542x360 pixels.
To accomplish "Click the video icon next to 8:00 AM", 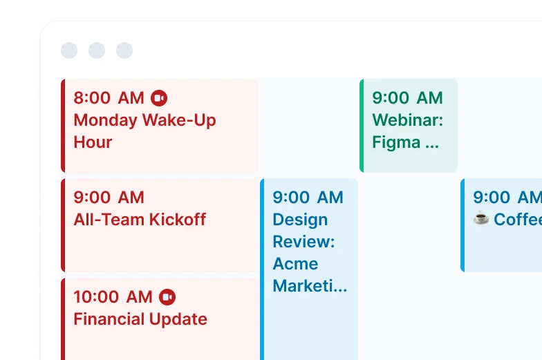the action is point(159,98).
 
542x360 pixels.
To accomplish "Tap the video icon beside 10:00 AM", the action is point(167,297).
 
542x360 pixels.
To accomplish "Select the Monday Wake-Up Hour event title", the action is point(145,131).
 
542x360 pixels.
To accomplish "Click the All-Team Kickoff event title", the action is point(140,220).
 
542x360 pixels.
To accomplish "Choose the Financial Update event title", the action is point(140,319).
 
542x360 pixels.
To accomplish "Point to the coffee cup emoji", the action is point(481,218).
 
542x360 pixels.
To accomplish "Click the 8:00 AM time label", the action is point(109,98).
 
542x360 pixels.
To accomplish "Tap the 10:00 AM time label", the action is point(113,297).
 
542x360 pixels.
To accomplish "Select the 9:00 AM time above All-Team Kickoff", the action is point(109,198).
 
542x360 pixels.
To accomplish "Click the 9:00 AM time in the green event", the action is point(407,98).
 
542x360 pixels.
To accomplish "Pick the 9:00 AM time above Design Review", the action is point(308,198).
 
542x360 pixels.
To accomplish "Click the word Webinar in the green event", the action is point(408,120).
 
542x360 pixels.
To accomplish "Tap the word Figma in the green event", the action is point(396,142).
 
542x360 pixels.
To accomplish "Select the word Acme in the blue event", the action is point(295,264).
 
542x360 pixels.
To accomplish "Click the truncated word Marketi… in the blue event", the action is point(310,286).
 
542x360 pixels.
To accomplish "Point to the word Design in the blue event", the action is point(300,220).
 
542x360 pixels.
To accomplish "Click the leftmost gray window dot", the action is point(69,50).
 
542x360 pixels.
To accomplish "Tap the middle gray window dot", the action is point(97,50).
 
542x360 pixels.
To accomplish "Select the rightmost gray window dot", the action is point(124,50).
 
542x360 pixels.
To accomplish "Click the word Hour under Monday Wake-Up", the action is point(93,142).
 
